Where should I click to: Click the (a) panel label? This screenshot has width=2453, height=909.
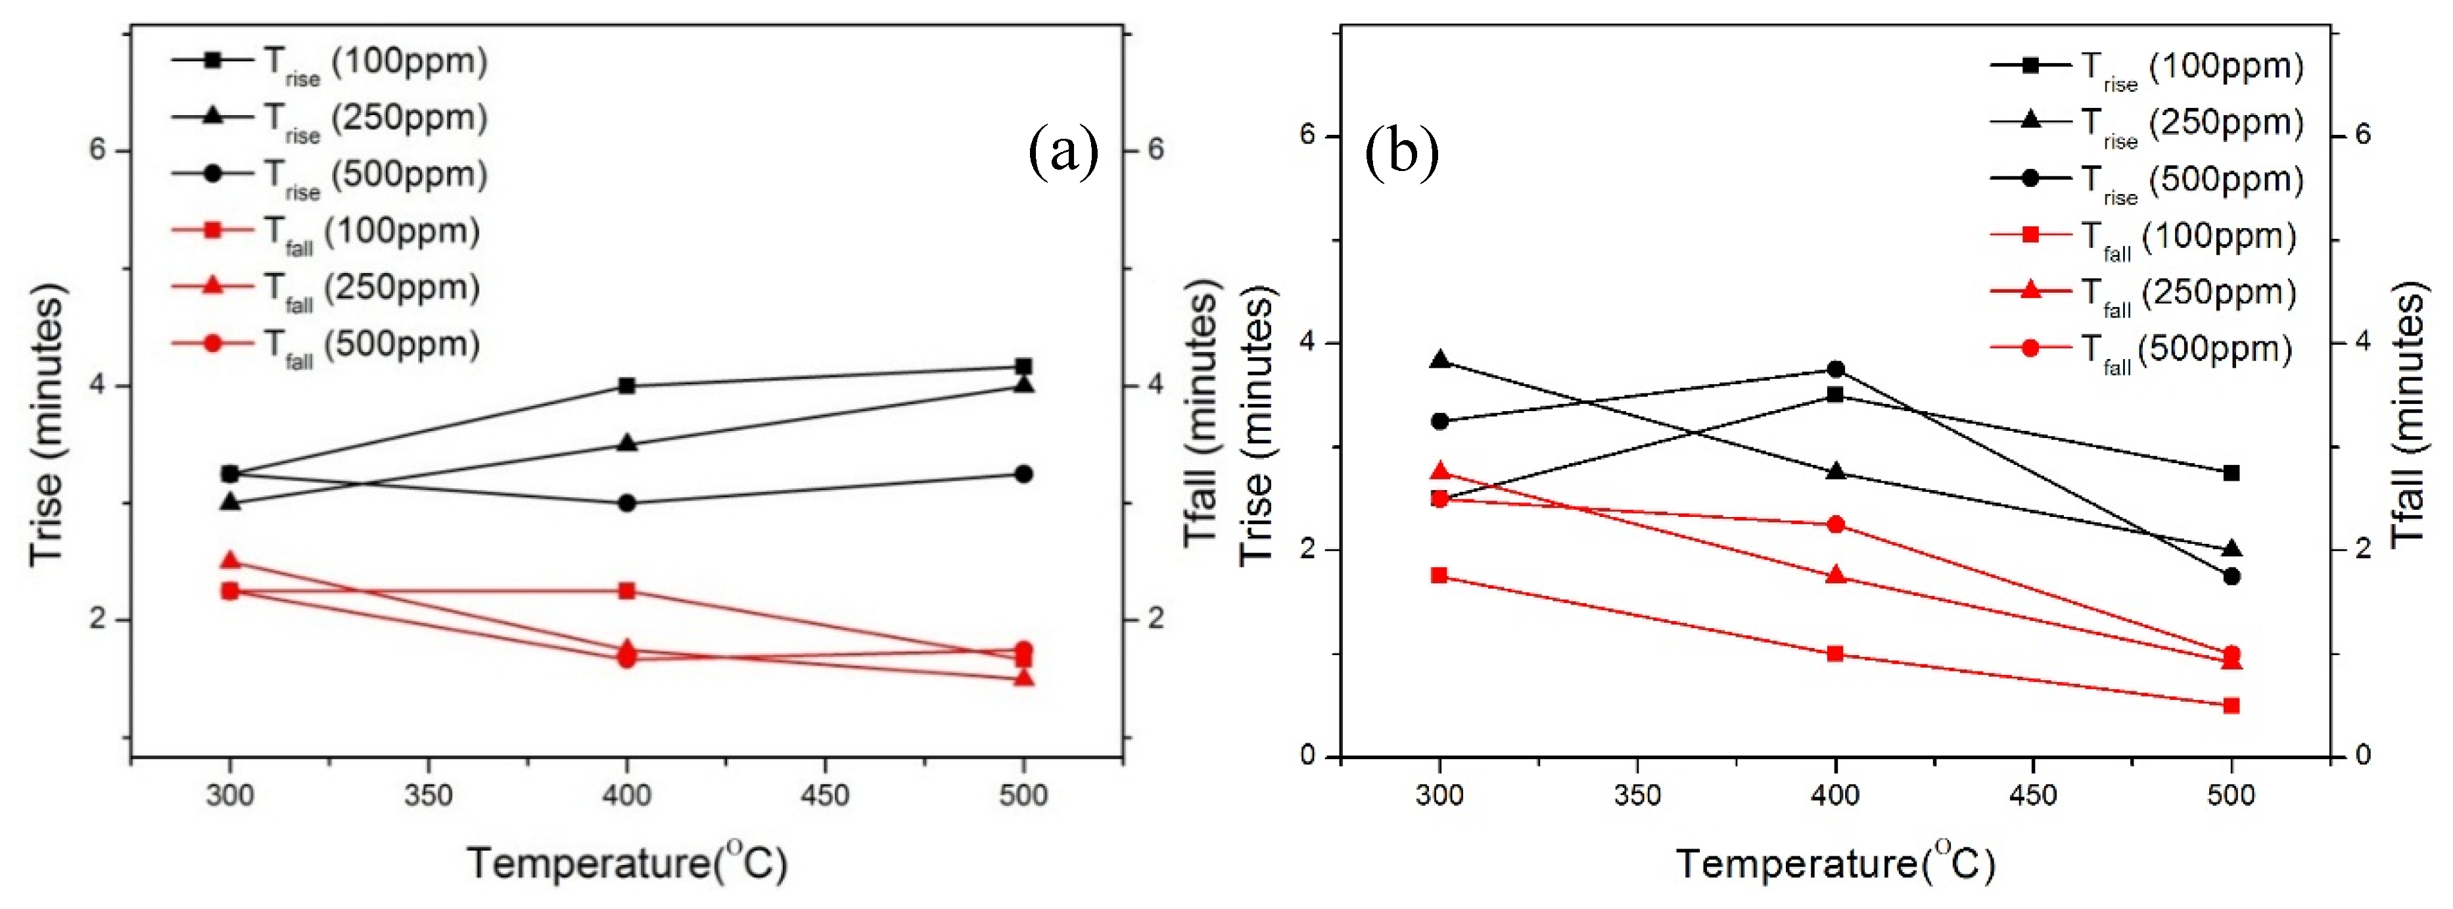pyautogui.click(x=1063, y=153)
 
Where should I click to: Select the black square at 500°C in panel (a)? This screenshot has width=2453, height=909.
pyautogui.click(x=1023, y=367)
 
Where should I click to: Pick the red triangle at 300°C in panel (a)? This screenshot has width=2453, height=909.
pyautogui.click(x=229, y=561)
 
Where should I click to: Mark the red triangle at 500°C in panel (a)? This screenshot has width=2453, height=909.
pyautogui.click(x=1023, y=678)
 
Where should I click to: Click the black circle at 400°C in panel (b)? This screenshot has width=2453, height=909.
pyautogui.click(x=1836, y=370)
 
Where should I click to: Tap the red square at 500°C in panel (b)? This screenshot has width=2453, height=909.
pyautogui.click(x=2231, y=706)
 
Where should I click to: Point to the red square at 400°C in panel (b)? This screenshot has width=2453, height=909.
pyautogui.click(x=1836, y=654)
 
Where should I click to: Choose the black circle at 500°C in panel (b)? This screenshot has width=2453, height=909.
pyautogui.click(x=2231, y=576)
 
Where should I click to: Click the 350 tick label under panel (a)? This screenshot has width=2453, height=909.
pyautogui.click(x=427, y=795)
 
